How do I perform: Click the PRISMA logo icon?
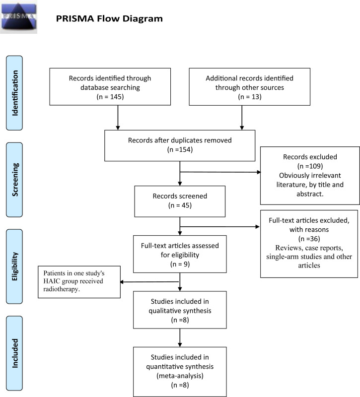(x=18, y=17)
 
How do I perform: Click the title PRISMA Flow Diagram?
(x=109, y=19)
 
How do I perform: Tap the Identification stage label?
(x=14, y=93)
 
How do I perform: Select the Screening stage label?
(x=14, y=180)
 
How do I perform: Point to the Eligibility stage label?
(x=14, y=266)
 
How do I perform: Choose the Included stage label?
(x=14, y=353)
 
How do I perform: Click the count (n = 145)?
(x=110, y=97)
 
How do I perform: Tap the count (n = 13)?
(x=250, y=97)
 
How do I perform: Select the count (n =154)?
(x=180, y=150)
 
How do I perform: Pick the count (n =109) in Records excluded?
(x=310, y=166)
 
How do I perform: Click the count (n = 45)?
(x=180, y=205)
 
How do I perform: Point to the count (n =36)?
(x=309, y=239)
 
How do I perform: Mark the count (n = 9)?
(x=180, y=265)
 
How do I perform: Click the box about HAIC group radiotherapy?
(x=79, y=282)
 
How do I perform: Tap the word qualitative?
(x=180, y=311)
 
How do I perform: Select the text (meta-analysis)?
(x=180, y=376)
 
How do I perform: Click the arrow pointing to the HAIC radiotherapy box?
(x=149, y=282)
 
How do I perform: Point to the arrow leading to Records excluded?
(x=220, y=172)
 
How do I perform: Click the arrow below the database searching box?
(x=118, y=118)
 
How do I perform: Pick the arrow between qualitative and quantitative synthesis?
(x=180, y=338)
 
